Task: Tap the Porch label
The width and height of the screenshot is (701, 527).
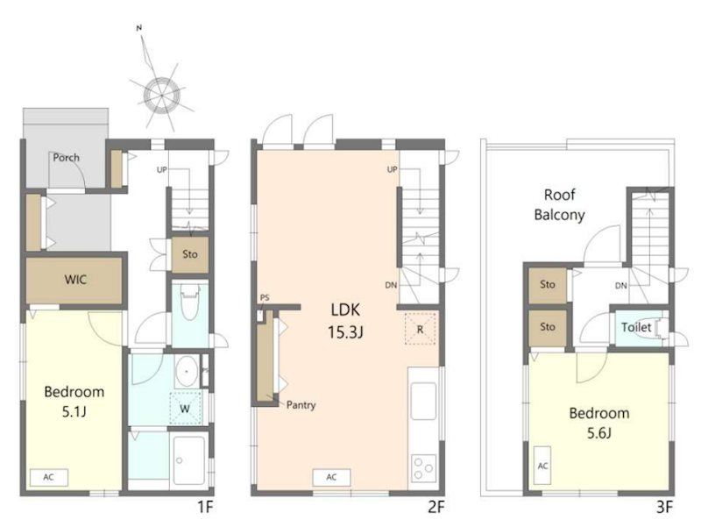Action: [67, 158]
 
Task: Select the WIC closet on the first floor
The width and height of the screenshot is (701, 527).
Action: [74, 280]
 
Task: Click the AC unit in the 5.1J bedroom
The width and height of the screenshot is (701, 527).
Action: [49, 477]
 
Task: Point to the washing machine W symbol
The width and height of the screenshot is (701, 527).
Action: [185, 408]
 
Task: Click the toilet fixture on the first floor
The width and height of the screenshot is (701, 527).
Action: [189, 303]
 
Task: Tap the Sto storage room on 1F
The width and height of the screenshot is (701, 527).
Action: [190, 254]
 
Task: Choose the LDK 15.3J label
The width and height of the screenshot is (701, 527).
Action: [345, 320]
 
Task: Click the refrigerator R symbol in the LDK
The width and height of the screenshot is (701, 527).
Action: [421, 329]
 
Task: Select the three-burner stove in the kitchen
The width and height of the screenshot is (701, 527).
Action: [423, 468]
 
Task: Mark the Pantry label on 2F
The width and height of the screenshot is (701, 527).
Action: [301, 405]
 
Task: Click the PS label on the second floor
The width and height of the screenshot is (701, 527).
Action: [265, 297]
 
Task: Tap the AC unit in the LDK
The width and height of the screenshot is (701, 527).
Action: [331, 477]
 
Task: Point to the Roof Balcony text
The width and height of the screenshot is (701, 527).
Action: [559, 205]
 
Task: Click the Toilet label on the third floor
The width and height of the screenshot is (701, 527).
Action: [636, 327]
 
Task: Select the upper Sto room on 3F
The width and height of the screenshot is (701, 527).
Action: [548, 284]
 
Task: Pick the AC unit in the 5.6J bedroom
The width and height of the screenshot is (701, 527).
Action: [542, 466]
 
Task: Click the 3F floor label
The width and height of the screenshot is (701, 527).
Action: [664, 508]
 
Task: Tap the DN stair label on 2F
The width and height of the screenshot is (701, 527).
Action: [391, 285]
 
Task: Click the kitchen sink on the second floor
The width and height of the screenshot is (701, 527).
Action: [423, 401]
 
